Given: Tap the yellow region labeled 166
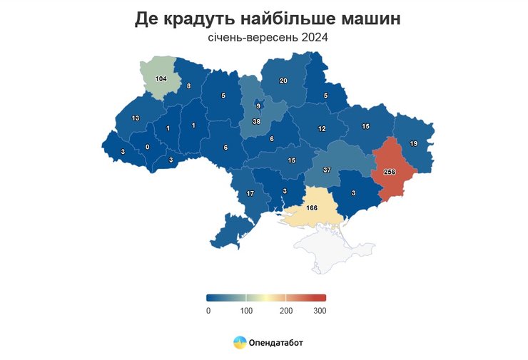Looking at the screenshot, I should click(311, 207).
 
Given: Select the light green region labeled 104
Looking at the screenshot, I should click(161, 78).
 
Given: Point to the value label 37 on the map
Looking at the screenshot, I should click(327, 170).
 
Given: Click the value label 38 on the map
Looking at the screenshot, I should click(255, 122).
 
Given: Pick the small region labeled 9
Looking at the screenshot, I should click(258, 106).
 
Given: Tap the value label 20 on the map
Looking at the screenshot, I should click(283, 81).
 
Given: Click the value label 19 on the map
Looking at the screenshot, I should click(413, 144).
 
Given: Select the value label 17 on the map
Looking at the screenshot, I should click(250, 194).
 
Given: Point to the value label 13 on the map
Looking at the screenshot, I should click(136, 118).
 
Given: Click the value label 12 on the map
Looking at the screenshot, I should click(322, 129).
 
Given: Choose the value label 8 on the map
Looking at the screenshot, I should click(188, 86).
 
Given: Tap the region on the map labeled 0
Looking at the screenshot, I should click(148, 148).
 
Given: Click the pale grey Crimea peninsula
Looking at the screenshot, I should click(322, 250).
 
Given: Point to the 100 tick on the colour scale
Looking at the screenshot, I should click(246, 310).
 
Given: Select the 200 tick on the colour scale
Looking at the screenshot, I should click(286, 310).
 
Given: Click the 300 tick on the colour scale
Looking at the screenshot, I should click(320, 310).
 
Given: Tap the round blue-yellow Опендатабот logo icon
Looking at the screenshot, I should click(240, 343).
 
